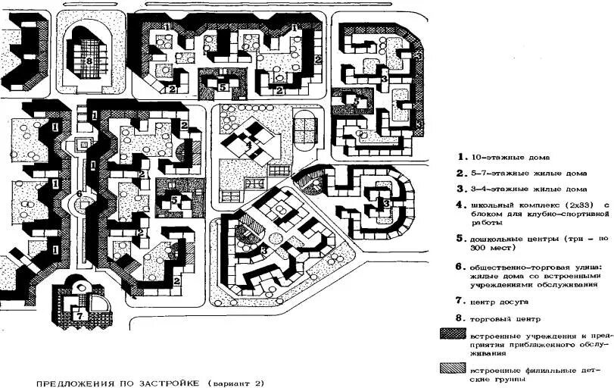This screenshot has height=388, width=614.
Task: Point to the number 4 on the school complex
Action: pos(248,144)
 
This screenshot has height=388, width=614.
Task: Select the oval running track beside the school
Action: pos(305,128)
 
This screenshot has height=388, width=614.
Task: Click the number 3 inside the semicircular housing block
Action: pos(385,203)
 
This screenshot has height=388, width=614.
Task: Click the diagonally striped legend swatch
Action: pos(451,368)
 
